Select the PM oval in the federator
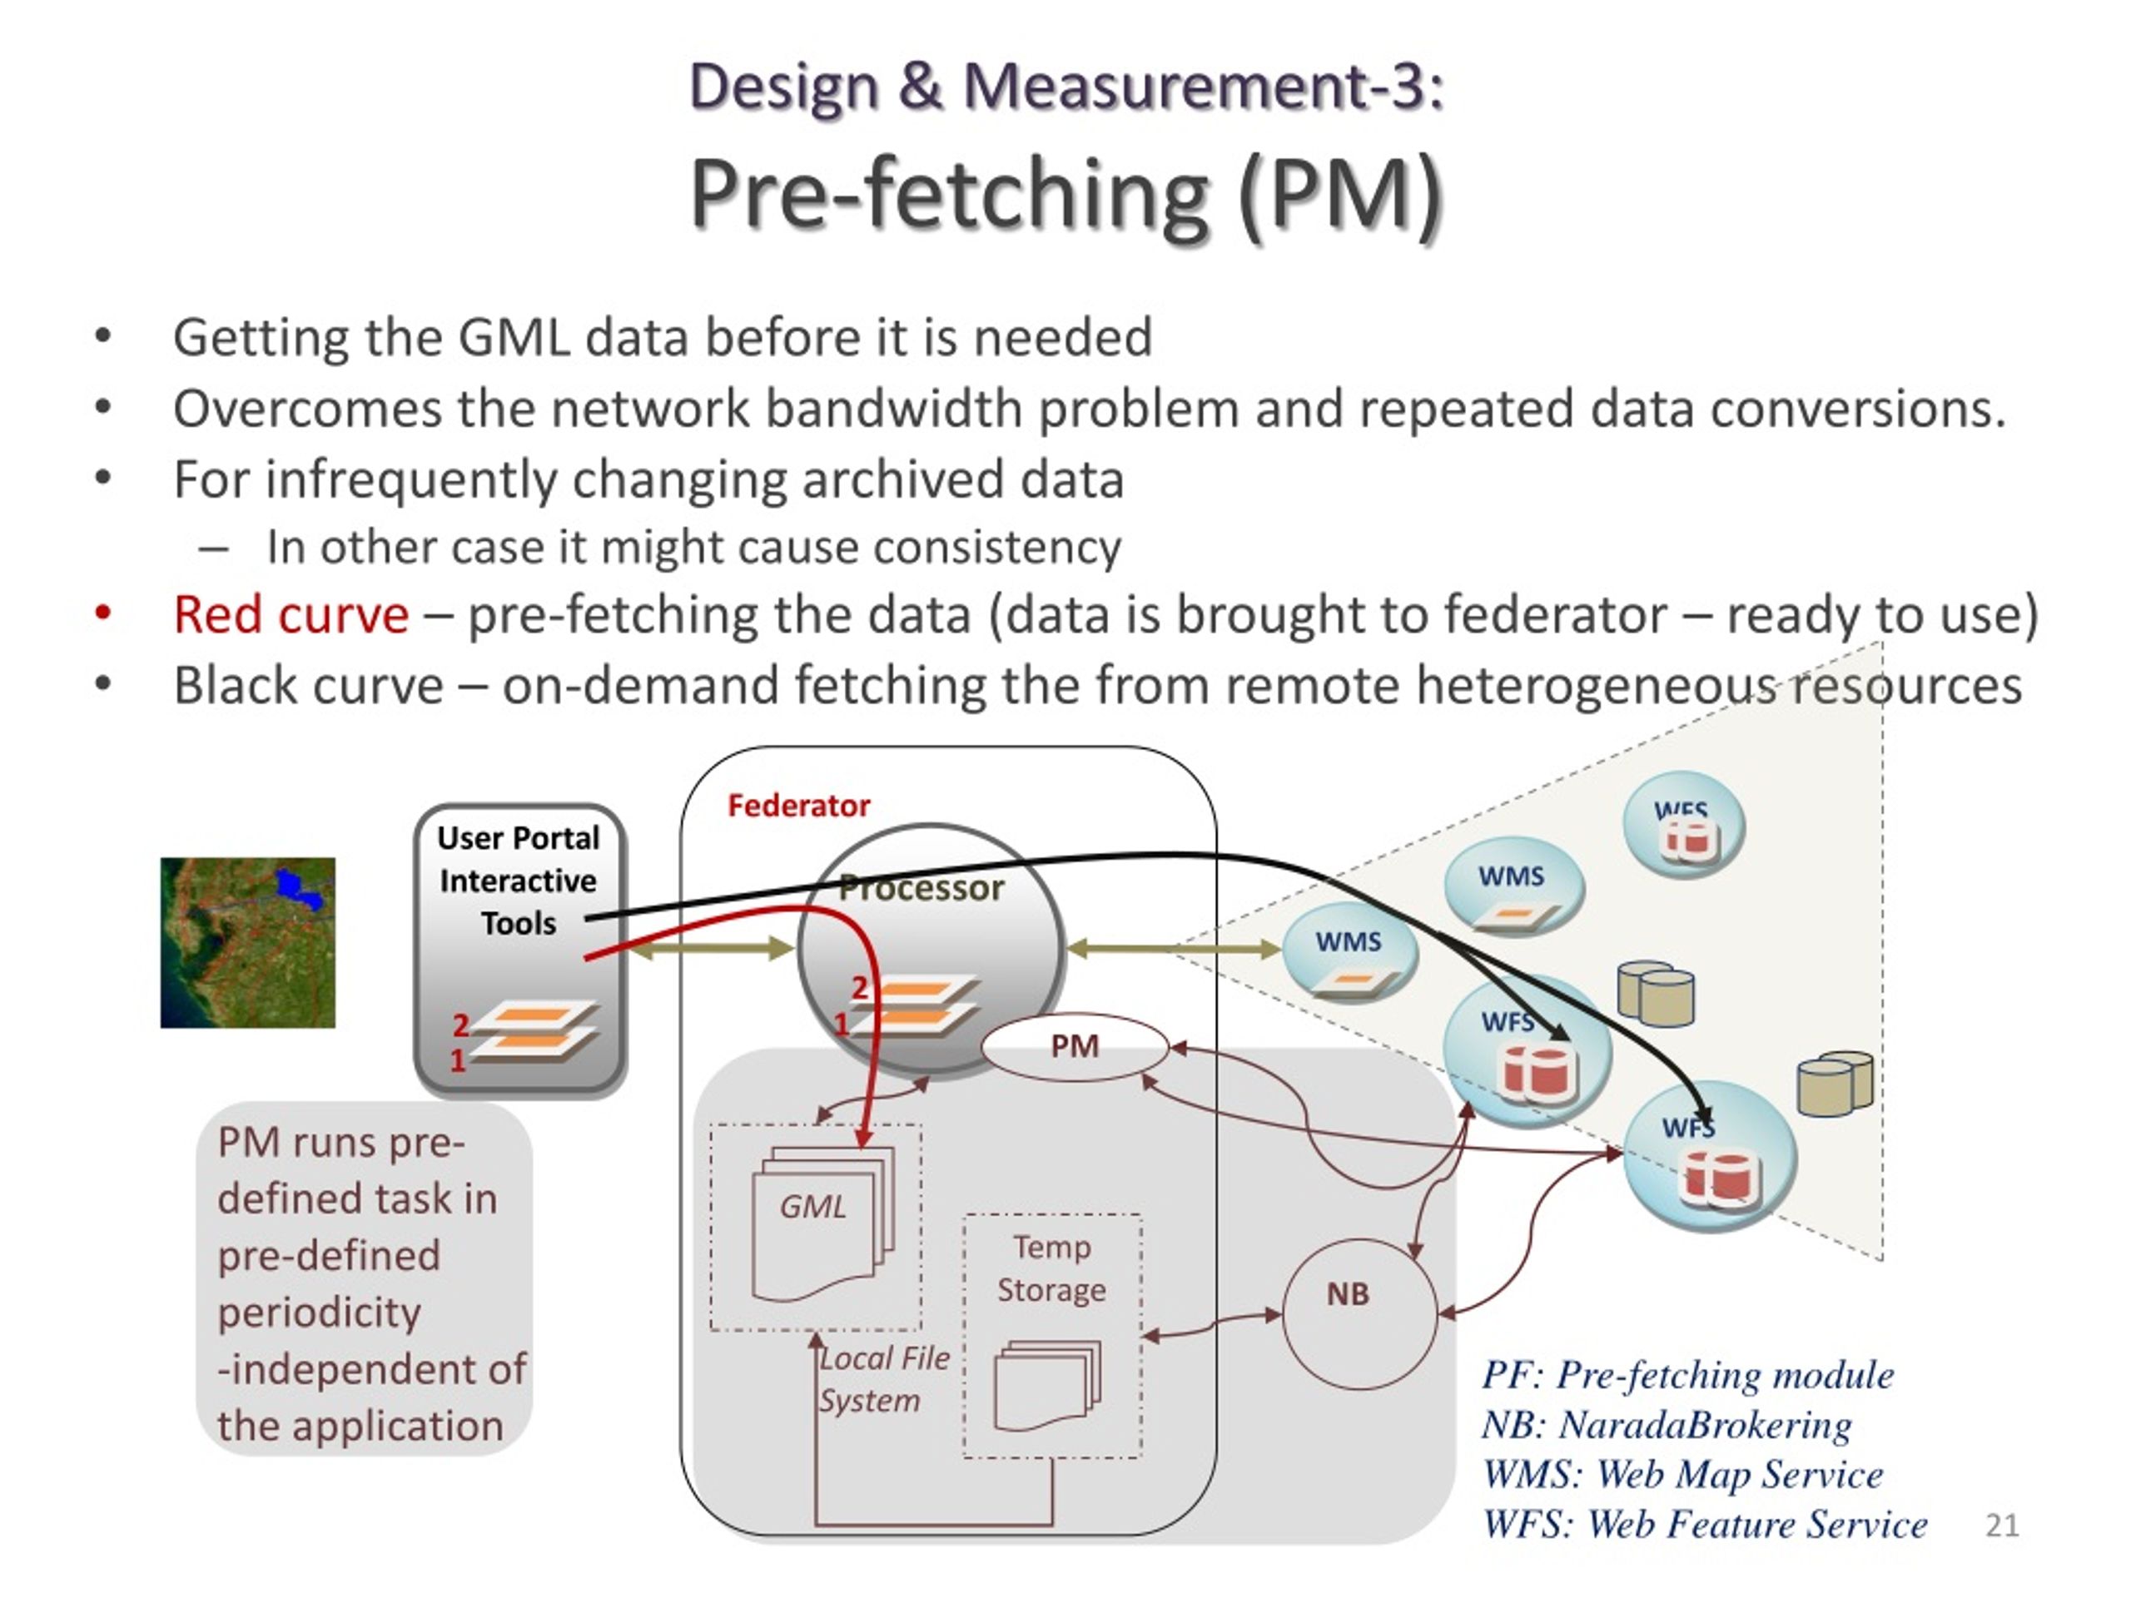(x=1074, y=1046)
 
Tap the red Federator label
(x=798, y=806)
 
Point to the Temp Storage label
(x=1051, y=1268)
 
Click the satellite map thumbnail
(x=247, y=942)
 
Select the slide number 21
(x=2002, y=1524)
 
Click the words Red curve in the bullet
(x=291, y=614)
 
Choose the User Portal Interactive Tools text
(x=519, y=881)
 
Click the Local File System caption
(x=884, y=1379)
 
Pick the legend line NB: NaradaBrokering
(x=1667, y=1425)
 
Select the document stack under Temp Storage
(x=1047, y=1385)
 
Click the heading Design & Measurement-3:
(x=1066, y=86)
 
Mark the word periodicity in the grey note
(x=319, y=1313)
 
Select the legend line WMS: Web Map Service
(x=1682, y=1474)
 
